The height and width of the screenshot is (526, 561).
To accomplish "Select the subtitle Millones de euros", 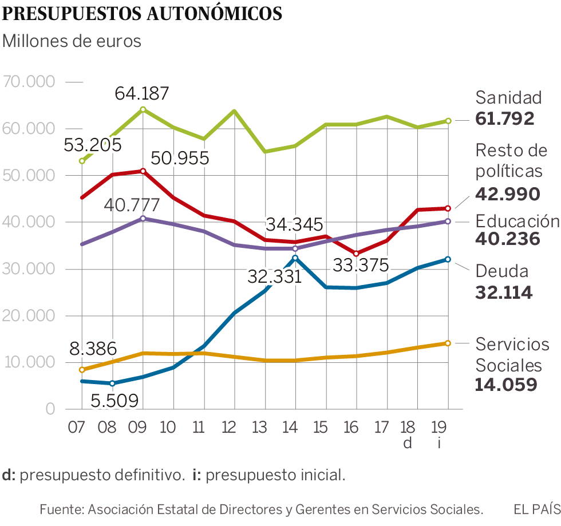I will click(72, 42).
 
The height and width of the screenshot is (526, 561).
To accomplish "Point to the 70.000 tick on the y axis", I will click(29, 82).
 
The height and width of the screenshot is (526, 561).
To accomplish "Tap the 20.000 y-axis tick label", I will click(29, 316).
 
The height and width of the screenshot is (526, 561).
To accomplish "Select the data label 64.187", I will click(143, 93).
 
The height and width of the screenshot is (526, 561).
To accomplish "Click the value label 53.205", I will click(93, 144).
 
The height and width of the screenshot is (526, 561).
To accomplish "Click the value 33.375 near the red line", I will click(361, 265).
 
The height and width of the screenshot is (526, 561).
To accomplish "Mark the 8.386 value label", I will click(94, 349).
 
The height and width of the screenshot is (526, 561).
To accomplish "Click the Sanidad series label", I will click(508, 97).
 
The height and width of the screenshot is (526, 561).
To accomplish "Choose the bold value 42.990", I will click(507, 194).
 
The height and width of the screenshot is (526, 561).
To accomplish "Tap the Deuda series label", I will click(501, 271).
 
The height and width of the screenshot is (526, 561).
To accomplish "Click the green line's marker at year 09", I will click(143, 109).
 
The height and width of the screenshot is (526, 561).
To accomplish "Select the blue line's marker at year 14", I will click(295, 258).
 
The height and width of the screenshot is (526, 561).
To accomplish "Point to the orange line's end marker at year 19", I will click(448, 343).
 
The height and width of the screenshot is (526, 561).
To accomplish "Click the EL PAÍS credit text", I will click(536, 509).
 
